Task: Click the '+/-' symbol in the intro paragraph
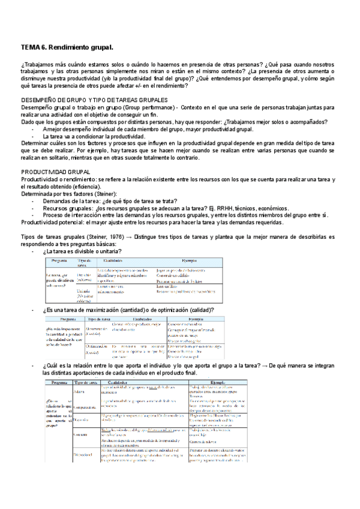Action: pyautogui.click(x=126, y=85)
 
